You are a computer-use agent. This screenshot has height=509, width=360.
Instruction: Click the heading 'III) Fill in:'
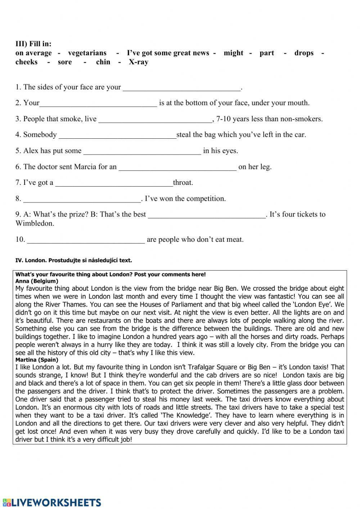click(33, 44)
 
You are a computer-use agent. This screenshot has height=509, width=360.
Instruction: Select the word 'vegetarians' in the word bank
click(87, 53)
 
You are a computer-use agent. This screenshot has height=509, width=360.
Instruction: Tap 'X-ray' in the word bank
click(139, 62)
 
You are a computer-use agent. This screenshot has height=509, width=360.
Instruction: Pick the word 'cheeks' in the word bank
click(26, 62)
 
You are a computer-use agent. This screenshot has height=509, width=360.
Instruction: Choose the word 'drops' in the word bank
click(304, 53)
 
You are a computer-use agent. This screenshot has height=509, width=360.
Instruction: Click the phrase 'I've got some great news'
click(168, 53)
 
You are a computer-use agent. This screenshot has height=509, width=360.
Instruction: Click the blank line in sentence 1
click(181, 88)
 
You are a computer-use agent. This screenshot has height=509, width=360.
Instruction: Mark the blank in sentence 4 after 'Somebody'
click(117, 135)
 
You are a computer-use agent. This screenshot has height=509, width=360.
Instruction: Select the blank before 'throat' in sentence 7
click(114, 183)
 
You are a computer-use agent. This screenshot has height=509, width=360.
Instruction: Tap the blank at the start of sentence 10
click(86, 240)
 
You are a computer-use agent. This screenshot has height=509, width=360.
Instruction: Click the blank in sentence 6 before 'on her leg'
click(177, 167)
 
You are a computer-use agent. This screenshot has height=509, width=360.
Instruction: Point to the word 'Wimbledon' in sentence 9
click(35, 223)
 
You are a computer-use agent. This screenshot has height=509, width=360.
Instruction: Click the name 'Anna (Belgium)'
click(37, 281)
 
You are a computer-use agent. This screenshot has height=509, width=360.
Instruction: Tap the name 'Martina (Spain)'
click(37, 360)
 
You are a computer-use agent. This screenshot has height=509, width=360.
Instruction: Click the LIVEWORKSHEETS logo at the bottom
click(52, 503)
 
